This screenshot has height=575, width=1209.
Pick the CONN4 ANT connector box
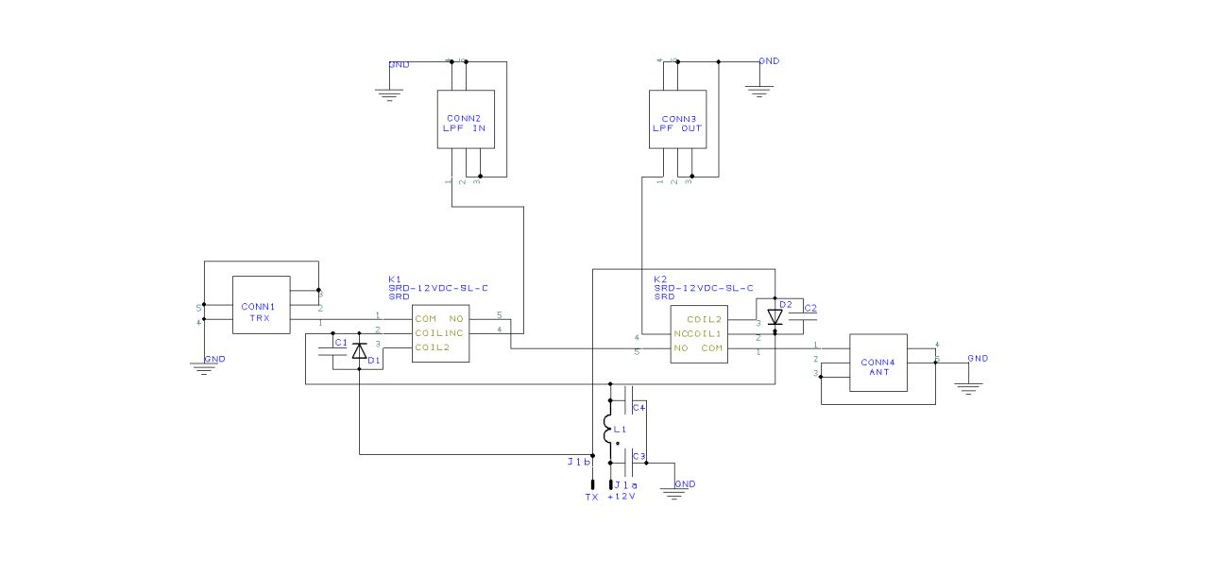pos(877,363)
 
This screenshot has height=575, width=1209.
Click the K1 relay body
pos(440,333)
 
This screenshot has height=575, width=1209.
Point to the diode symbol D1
pos(359,351)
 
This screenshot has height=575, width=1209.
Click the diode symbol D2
pos(775,317)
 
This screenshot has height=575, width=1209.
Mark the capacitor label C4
pos(639,407)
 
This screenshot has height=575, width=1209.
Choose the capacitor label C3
pos(639,457)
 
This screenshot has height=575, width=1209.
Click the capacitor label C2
pos(809,308)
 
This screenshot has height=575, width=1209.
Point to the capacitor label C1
pos(341,342)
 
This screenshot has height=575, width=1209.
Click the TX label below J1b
pos(591,497)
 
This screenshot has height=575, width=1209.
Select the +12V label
pos(622,497)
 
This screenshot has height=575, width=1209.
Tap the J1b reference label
pos(578,463)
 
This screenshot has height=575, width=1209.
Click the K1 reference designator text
pos(395,279)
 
